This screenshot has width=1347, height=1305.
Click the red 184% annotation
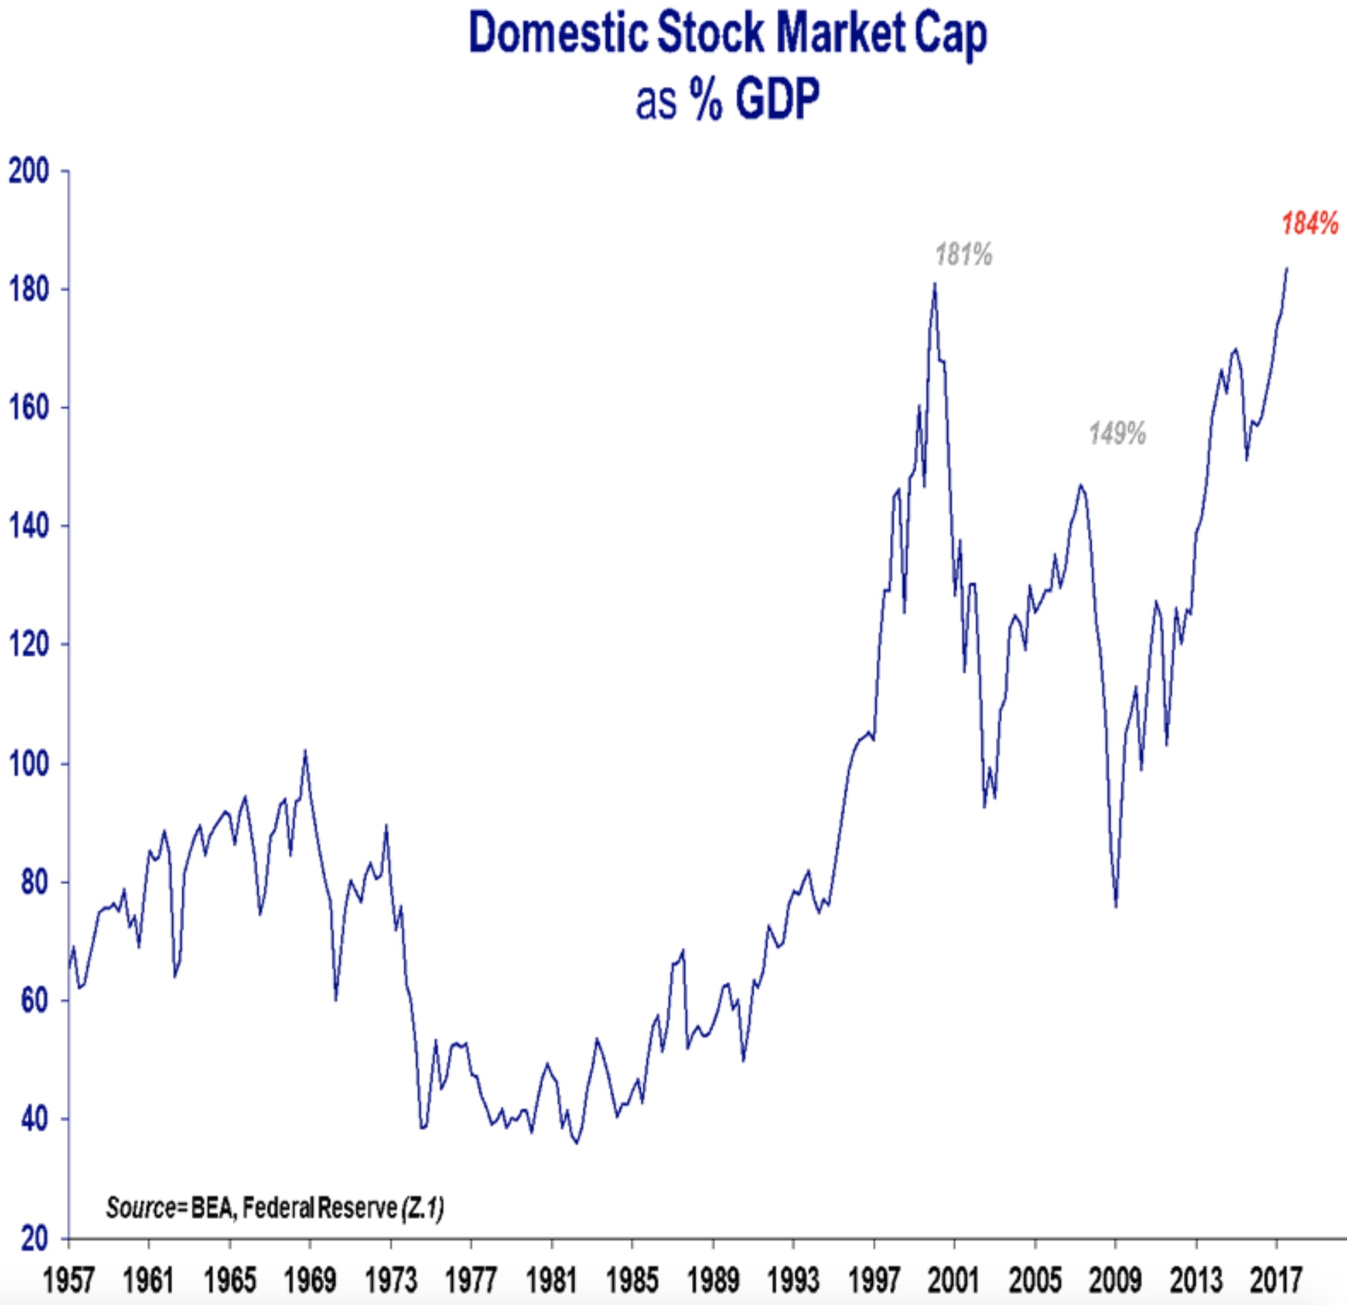pos(1310,224)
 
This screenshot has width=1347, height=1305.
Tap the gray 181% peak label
pos(964,255)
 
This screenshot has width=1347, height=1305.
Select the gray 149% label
pos(1117,434)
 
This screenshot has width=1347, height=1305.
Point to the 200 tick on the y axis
pos(29,171)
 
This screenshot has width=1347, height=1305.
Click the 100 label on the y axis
pos(29,764)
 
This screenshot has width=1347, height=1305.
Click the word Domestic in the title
pos(558,34)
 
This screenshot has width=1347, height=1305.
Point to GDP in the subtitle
pos(777,100)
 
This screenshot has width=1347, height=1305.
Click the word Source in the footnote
pos(141,1207)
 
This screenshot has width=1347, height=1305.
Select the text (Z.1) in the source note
pos(422,1207)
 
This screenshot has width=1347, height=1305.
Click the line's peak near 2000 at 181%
pos(934,284)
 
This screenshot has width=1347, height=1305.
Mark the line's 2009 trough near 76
pos(1116,907)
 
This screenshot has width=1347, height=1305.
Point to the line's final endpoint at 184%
pos(1287,268)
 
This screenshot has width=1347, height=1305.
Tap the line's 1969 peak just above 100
pos(305,750)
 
